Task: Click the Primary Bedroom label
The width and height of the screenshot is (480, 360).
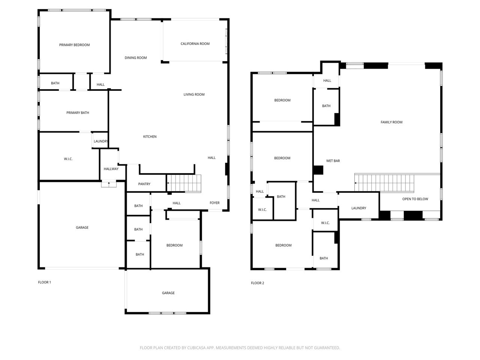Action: (74, 45)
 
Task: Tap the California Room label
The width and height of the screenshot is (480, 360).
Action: (195, 44)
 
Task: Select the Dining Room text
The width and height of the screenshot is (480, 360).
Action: (136, 58)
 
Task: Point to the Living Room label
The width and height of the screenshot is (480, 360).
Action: (194, 94)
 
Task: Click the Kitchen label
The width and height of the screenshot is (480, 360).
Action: (150, 136)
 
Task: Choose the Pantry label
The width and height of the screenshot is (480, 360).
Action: (144, 184)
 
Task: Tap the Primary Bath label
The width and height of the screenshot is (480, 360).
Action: (78, 113)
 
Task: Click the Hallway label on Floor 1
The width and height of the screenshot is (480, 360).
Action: (111, 169)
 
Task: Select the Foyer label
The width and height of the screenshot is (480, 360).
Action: (214, 203)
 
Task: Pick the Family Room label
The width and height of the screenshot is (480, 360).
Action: (391, 122)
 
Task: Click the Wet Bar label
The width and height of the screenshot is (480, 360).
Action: (333, 161)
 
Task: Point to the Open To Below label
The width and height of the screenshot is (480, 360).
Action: (415, 199)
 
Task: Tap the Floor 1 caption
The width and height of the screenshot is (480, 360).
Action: (44, 282)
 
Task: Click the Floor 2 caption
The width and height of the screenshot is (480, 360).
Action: (257, 283)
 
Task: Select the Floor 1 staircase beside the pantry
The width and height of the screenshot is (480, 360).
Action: (184, 183)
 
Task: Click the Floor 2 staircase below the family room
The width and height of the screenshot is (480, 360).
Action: (384, 183)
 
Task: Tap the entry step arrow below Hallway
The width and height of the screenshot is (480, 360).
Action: (109, 184)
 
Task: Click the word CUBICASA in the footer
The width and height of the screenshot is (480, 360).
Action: (196, 348)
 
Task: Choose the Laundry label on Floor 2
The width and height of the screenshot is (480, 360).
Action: (358, 208)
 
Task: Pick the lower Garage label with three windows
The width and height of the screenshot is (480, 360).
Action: (168, 293)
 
